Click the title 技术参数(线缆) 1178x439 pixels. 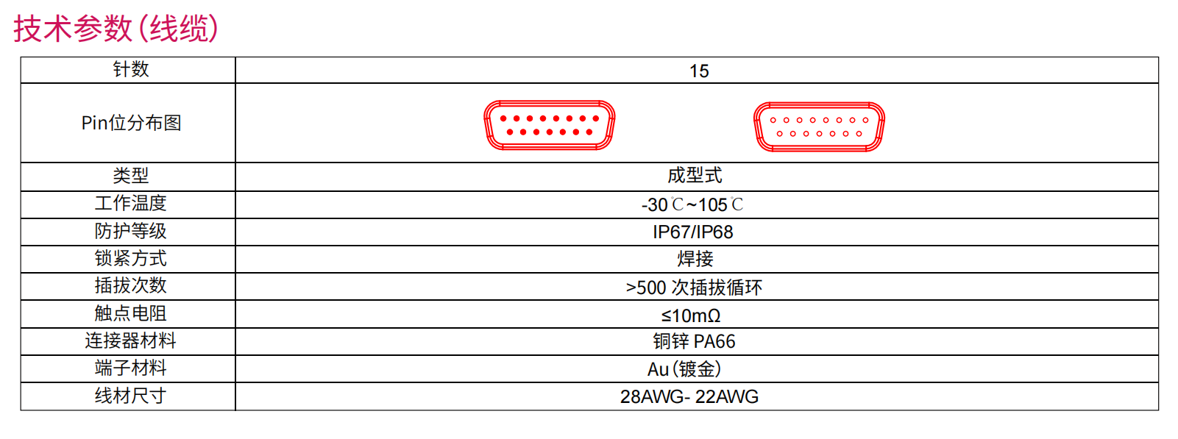[x=116, y=28]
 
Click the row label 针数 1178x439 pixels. [x=131, y=69]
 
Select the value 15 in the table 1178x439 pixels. [x=699, y=71]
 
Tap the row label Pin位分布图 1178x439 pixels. [x=131, y=123]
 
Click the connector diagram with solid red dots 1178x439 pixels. [x=550, y=125]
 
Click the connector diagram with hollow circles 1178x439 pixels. [x=820, y=126]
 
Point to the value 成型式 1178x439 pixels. [x=695, y=176]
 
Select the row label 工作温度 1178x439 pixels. [x=131, y=204]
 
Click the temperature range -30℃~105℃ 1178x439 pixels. [x=692, y=204]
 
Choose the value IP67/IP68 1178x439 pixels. [x=692, y=232]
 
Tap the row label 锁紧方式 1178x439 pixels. [x=131, y=259]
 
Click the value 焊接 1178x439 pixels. [x=695, y=259]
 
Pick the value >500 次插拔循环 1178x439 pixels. [x=694, y=288]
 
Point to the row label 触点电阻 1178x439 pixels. [x=131, y=314]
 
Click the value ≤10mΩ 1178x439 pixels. [x=691, y=315]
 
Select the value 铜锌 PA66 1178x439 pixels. [x=694, y=342]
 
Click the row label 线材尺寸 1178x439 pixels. [x=131, y=396]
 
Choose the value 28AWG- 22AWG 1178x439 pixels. [x=689, y=397]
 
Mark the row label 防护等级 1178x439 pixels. [x=131, y=232]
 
